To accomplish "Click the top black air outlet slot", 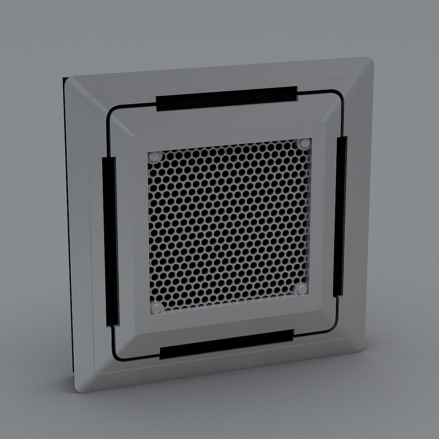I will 227,98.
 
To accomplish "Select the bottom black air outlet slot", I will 227,344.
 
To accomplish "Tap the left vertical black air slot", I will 111,241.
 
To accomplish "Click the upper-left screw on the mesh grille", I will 153,156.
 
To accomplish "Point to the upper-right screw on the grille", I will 304,143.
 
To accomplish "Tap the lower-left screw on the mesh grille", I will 156,308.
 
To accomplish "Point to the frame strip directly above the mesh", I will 228,132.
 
